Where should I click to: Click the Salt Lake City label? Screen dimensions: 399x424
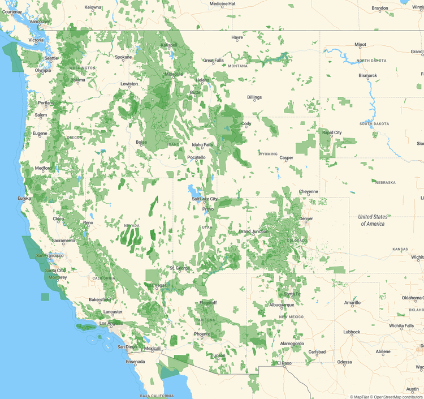[x=204, y=199]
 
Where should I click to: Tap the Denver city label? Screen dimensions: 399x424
[x=306, y=218]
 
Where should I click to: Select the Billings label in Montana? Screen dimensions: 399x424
[x=254, y=97]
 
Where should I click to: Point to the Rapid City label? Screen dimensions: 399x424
[x=332, y=132]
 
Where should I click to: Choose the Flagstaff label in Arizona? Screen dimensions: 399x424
[x=208, y=303]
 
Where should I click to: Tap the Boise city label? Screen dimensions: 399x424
[x=141, y=142]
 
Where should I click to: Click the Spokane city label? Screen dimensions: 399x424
[x=123, y=57]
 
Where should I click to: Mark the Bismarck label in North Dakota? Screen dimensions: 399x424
[x=367, y=75]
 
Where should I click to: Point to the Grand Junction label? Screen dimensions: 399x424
[x=253, y=231]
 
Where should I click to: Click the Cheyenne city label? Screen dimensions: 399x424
[x=309, y=191]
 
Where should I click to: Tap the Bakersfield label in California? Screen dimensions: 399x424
[x=99, y=299]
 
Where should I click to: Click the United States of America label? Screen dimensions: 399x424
[x=373, y=220]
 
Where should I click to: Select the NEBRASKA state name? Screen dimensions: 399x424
[x=384, y=182]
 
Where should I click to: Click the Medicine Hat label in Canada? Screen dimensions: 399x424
[x=223, y=3]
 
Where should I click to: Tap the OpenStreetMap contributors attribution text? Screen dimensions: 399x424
[x=398, y=396]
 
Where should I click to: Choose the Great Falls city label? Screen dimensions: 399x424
[x=213, y=61]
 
